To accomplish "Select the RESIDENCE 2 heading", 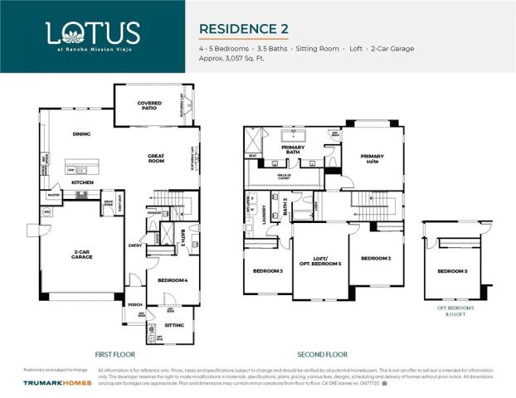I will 243,28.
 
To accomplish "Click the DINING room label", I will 81,133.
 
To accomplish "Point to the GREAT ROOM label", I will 156,158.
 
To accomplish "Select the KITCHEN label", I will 81,182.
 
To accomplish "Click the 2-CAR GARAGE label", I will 81,255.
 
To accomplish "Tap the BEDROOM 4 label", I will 173,280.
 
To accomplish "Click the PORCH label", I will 134,303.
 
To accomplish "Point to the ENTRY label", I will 135,245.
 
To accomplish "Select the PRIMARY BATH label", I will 293,149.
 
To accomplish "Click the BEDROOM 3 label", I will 268,271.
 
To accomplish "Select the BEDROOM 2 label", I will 375,258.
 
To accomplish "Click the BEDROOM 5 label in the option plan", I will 452,271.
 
